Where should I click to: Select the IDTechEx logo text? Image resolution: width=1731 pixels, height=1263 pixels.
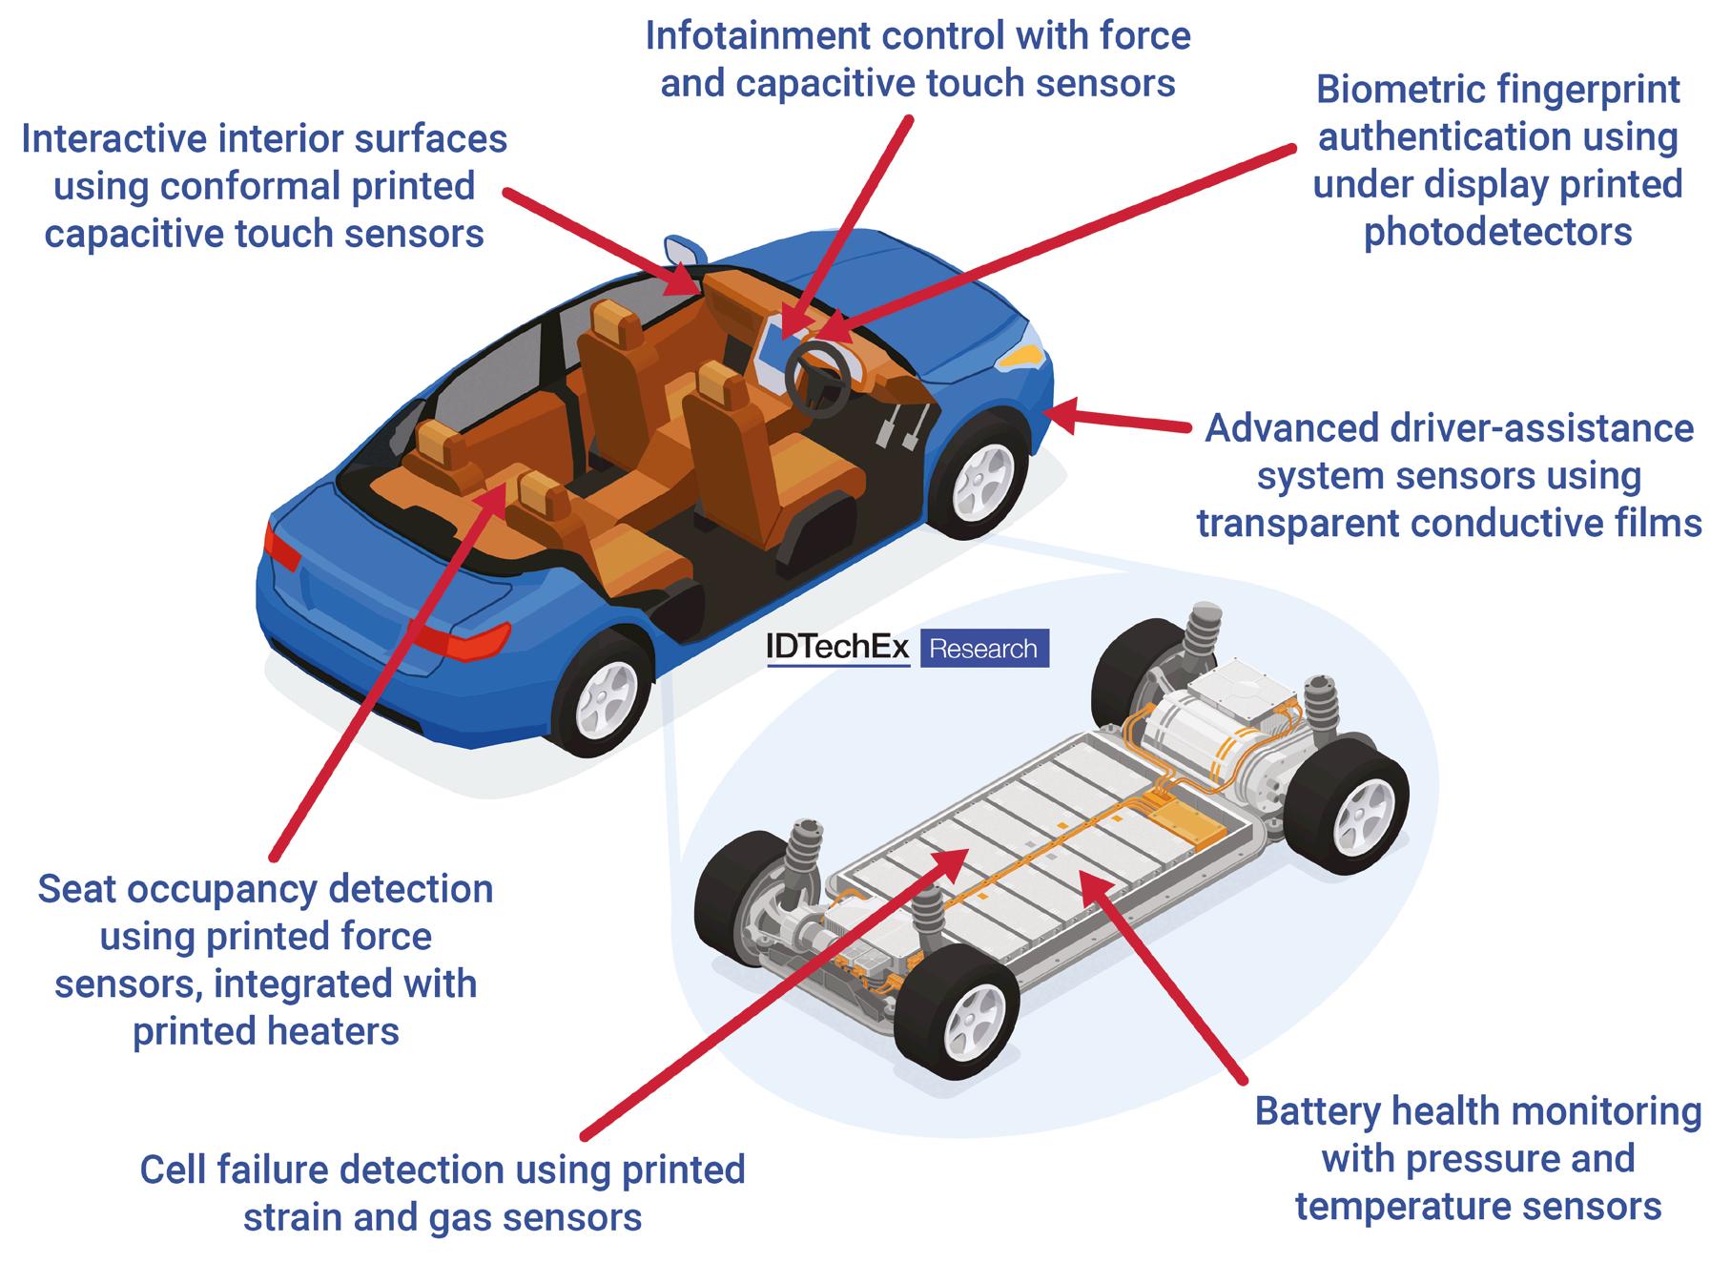pos(837,648)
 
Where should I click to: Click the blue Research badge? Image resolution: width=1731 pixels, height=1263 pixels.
pos(983,649)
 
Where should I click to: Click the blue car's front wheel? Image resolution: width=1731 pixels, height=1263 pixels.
pos(980,477)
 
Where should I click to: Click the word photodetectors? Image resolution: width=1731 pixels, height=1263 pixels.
pos(1497,232)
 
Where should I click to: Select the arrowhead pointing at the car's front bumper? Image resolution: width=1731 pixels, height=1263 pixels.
pos(1061,412)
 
